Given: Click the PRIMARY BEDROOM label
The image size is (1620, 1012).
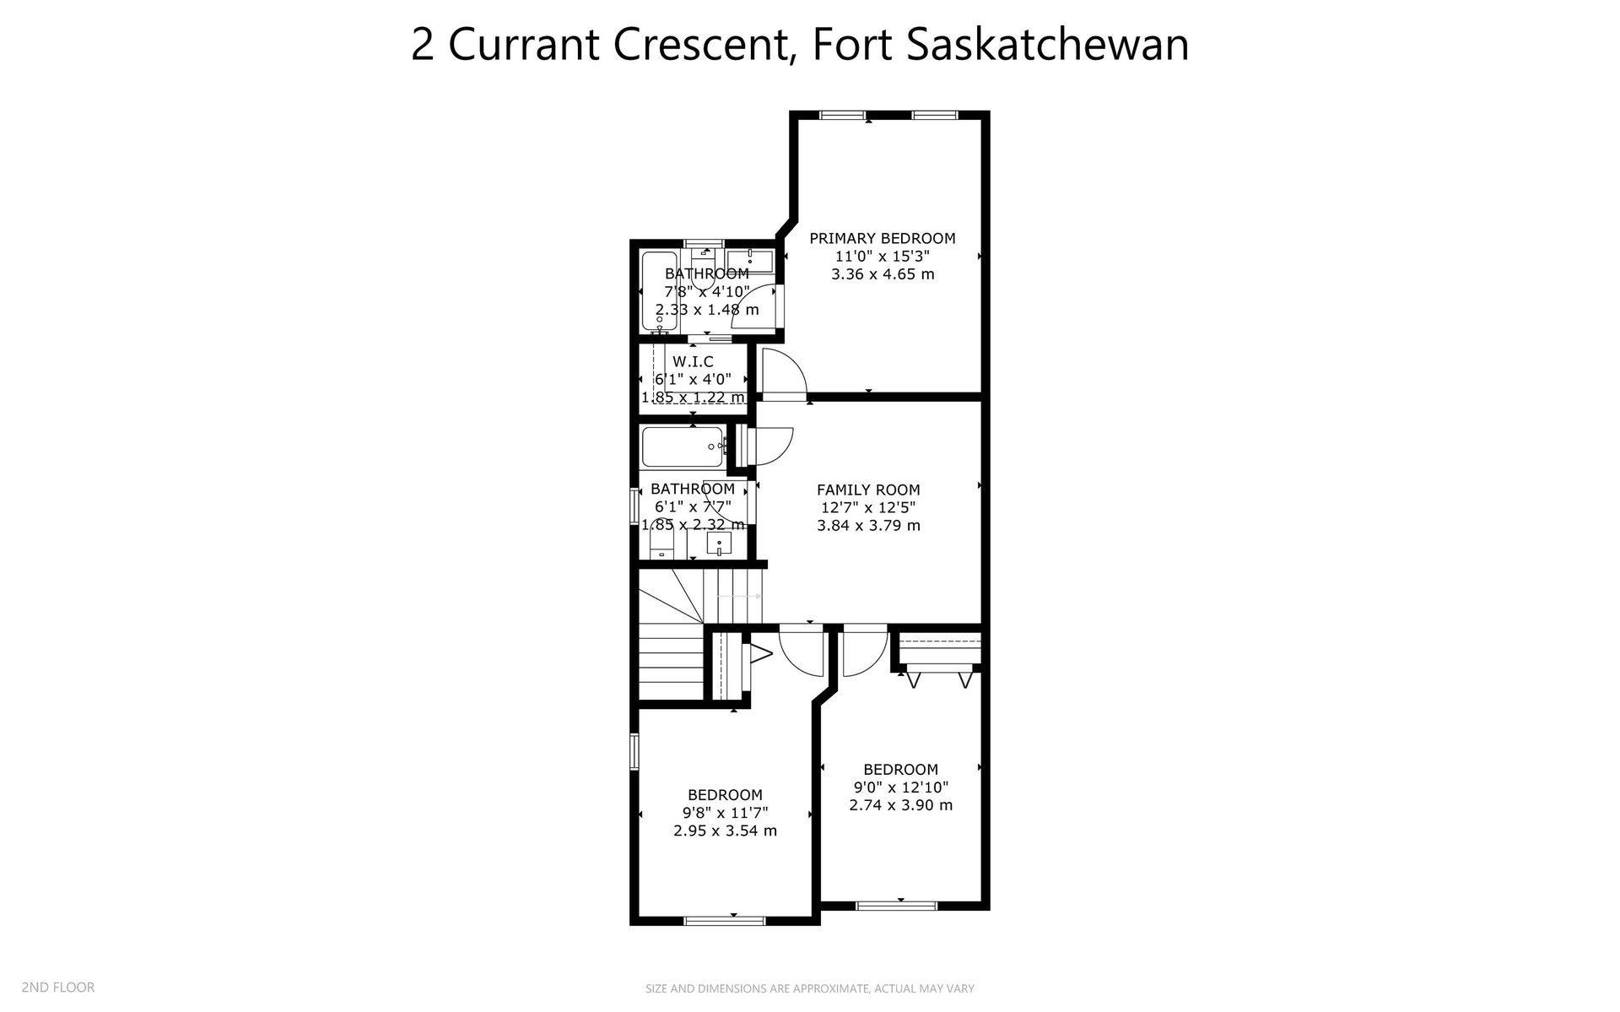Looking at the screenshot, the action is (883, 239).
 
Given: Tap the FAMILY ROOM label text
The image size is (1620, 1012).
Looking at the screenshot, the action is (868, 490).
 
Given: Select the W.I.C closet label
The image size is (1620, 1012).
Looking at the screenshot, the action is (693, 362).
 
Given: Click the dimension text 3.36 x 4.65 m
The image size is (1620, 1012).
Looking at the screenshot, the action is (883, 274).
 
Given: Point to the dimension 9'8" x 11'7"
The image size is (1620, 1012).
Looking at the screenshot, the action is (726, 813).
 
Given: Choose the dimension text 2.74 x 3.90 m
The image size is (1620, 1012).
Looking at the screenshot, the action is (901, 805).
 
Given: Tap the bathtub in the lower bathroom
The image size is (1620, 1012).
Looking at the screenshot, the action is (683, 447).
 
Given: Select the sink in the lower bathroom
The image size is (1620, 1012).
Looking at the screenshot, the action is (718, 544).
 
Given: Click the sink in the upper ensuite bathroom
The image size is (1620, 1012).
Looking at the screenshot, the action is (749, 261).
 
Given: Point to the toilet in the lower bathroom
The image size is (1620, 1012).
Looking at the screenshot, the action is (663, 545).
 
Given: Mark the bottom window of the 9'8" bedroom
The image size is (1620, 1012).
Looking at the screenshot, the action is (723, 919).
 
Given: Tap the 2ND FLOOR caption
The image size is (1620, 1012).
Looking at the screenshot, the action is (58, 987).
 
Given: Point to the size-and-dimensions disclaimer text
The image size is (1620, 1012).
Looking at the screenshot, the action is (810, 988).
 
